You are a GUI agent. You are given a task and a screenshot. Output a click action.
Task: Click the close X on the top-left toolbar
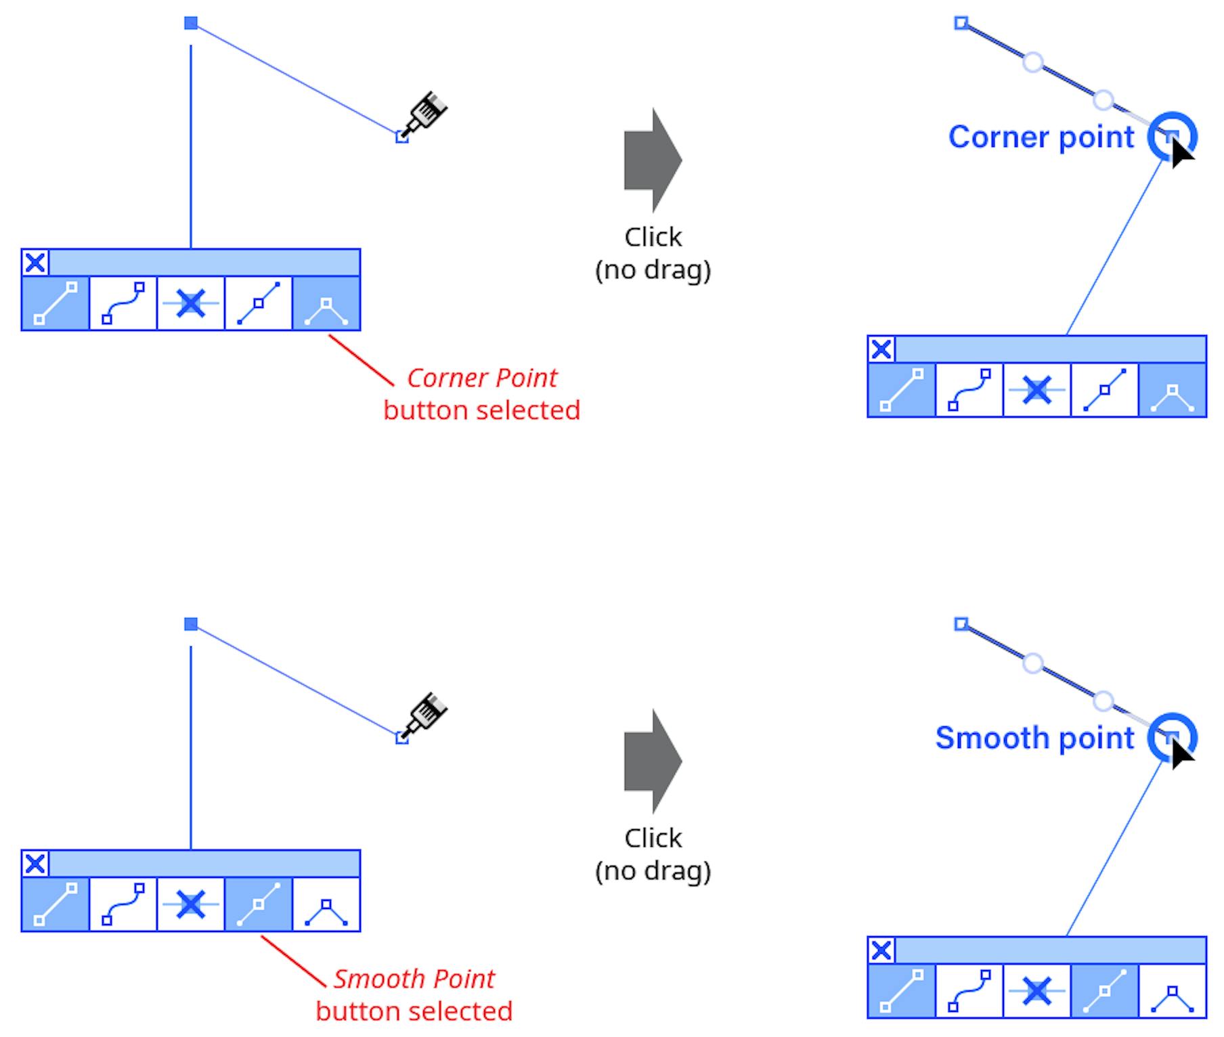click(x=35, y=263)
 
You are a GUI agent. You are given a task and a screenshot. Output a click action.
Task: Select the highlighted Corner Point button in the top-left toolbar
click(x=326, y=303)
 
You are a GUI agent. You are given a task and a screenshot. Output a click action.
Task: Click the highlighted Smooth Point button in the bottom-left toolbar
click(x=258, y=904)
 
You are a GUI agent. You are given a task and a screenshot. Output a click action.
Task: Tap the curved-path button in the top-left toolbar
click(x=123, y=303)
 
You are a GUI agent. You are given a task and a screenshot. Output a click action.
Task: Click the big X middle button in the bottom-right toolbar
click(x=1036, y=992)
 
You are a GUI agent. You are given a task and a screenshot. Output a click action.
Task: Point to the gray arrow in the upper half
click(x=651, y=160)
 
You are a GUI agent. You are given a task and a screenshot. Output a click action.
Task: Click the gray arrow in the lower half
click(x=651, y=761)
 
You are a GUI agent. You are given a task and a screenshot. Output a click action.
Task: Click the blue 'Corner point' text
click(x=1041, y=137)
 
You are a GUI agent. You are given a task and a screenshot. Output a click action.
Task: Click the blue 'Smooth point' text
click(x=1034, y=738)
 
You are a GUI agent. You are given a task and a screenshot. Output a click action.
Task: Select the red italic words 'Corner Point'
click(x=482, y=378)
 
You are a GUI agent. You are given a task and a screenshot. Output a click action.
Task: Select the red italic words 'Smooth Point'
click(x=414, y=979)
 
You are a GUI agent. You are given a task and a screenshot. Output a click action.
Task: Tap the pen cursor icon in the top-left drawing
click(x=427, y=112)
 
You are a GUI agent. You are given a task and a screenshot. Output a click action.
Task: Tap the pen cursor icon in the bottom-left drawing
click(x=427, y=713)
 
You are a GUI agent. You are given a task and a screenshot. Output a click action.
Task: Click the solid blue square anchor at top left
click(x=191, y=24)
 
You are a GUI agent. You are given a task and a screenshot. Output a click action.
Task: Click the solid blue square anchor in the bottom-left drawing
click(x=191, y=624)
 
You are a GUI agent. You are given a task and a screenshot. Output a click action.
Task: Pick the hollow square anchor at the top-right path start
click(x=961, y=24)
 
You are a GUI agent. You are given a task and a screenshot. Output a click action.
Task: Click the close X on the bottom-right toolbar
click(x=881, y=950)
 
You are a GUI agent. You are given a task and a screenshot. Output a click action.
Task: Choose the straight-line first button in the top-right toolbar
click(x=901, y=390)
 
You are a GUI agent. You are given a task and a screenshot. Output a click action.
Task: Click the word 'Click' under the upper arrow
click(x=653, y=238)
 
